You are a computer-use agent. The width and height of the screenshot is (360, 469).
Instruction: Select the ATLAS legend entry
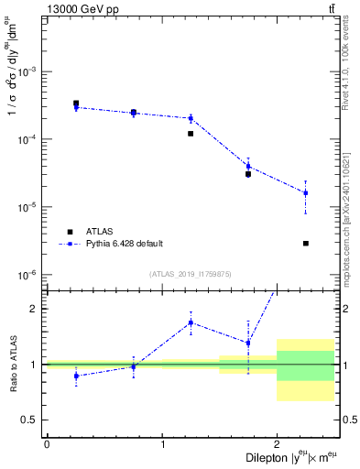point(101,232)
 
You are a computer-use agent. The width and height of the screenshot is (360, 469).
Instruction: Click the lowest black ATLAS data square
point(305,244)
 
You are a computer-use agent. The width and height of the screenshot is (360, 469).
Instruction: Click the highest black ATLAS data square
point(76,104)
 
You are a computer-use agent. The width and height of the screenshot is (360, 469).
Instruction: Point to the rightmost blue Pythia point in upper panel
point(305,193)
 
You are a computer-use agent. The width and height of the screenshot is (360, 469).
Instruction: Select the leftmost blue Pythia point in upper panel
point(76,107)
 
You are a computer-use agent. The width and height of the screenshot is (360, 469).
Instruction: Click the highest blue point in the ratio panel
point(191,322)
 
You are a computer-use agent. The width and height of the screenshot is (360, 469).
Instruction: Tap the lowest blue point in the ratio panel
point(76,376)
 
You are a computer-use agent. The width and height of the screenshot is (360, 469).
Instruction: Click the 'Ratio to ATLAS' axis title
point(11,365)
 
